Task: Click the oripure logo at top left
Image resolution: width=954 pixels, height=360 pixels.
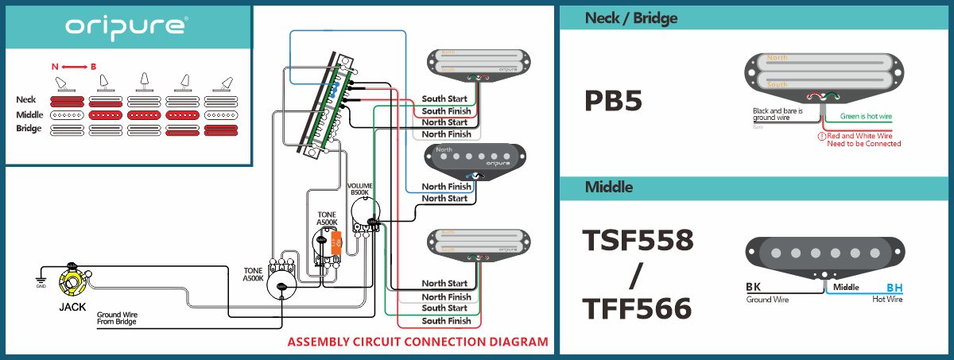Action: [x=126, y=26]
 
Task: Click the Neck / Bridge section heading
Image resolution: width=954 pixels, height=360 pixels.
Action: [x=630, y=17]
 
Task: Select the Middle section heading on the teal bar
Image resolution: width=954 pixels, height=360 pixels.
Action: [x=609, y=188]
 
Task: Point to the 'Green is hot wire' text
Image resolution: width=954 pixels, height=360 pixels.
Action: [x=866, y=117]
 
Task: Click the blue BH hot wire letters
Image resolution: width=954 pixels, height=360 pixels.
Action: [x=894, y=288]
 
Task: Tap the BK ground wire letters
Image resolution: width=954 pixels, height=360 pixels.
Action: [x=754, y=287]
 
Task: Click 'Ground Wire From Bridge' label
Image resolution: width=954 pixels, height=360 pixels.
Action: [x=117, y=319]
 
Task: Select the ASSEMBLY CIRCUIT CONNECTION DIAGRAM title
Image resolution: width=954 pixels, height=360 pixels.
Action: [x=417, y=343]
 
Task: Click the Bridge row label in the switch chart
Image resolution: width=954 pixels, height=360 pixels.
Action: [x=29, y=129]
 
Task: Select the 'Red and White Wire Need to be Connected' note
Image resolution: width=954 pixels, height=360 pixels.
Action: [x=863, y=140]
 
